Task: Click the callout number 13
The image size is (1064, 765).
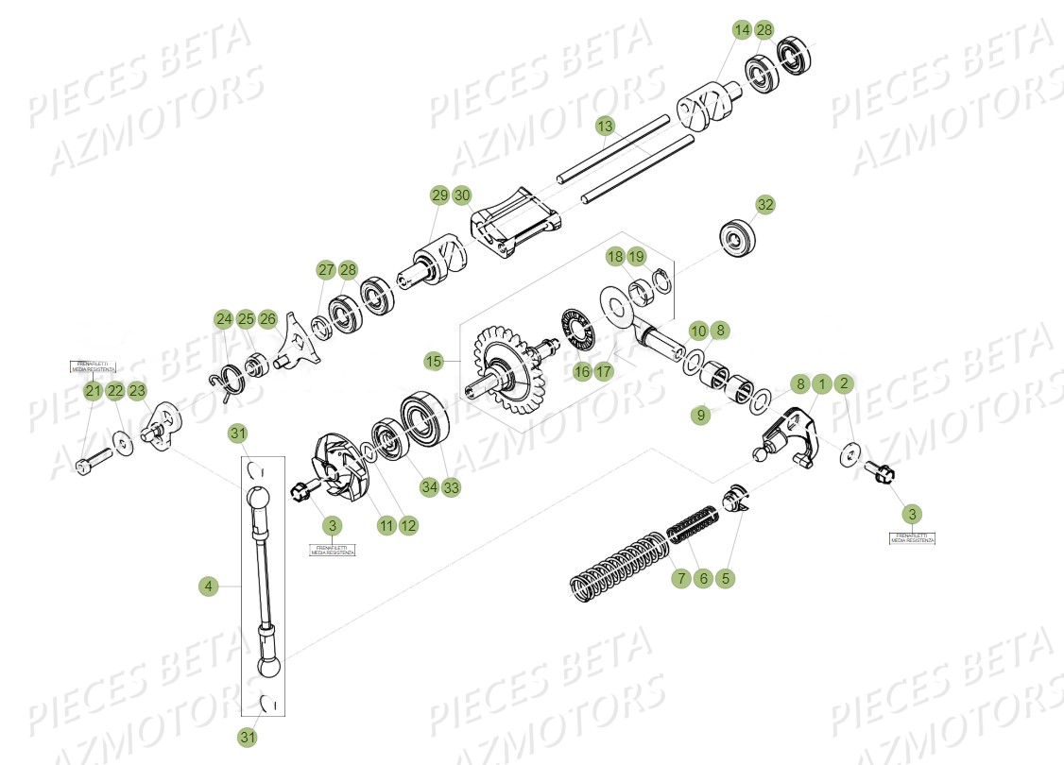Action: click(x=606, y=126)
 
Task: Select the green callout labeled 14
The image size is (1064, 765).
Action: click(x=742, y=30)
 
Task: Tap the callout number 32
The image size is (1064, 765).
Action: click(x=764, y=205)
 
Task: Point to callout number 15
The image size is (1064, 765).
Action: click(x=434, y=361)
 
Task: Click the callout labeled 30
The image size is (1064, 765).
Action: click(x=461, y=195)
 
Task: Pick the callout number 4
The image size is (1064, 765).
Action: click(x=209, y=586)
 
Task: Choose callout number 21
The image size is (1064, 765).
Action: click(x=93, y=391)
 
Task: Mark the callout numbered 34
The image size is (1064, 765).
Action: click(x=429, y=487)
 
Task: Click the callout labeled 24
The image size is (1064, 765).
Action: click(x=223, y=318)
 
